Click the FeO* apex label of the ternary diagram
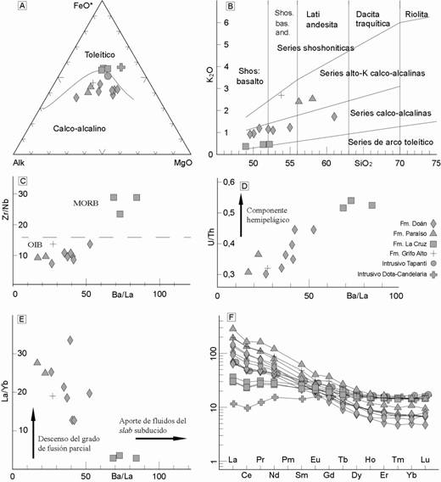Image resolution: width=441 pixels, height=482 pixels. pos(83,6)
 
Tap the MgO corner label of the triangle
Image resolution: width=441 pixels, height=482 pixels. pos(183,163)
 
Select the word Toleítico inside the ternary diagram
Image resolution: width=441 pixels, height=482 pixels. pos(100,54)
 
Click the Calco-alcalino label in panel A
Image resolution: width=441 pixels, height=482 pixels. pos(79,128)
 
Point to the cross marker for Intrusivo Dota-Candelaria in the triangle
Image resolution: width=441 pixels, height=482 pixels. pos(121,67)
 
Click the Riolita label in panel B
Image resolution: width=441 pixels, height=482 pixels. pos(416,14)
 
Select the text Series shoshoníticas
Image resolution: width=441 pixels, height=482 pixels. pos(315,48)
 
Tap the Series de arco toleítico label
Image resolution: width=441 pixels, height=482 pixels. pos(391,142)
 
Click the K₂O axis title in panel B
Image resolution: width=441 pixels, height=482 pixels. pos(210,74)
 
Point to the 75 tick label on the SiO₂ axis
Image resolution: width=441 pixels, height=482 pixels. pos(436,163)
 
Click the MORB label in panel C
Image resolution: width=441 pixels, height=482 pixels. pos(86,203)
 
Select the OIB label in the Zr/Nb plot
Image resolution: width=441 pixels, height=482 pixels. pos(35,244)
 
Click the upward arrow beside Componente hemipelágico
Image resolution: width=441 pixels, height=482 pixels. pos(241,216)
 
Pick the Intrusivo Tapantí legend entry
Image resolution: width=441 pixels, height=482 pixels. pos(410,264)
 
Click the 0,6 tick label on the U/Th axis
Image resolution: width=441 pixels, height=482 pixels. pos(228,182)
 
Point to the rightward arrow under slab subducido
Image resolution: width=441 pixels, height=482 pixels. pos(161,439)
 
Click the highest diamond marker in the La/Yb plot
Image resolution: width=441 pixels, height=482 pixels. pos(70,340)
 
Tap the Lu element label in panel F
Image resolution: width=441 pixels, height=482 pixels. pos(425,460)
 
